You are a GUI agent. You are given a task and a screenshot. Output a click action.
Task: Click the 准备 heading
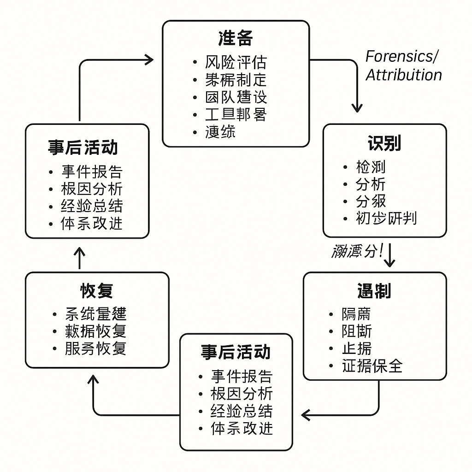[236, 39]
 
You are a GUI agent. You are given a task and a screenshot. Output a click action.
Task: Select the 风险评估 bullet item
[236, 62]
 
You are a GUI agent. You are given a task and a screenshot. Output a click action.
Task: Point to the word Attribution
[404, 75]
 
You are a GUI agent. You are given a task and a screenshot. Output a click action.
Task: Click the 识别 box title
[384, 143]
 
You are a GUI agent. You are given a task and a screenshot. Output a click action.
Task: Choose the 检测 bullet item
[371, 167]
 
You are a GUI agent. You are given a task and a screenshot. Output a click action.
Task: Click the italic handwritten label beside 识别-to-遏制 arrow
[357, 251]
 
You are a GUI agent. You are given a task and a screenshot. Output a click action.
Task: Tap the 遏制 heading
[374, 291]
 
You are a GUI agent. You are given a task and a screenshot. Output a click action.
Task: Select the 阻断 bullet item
[357, 331]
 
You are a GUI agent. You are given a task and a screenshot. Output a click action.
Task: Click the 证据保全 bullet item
[372, 366]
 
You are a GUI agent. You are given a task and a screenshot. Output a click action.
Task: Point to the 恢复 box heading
[97, 291]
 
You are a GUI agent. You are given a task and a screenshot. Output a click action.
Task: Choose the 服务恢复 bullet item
[95, 348]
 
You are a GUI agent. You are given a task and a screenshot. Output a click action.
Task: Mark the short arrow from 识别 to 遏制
[389, 255]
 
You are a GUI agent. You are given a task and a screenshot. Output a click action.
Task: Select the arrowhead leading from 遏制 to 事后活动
[306, 415]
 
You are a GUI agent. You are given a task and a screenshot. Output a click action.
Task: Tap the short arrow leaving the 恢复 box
[79, 258]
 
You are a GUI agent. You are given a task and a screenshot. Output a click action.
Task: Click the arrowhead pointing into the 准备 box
[149, 59]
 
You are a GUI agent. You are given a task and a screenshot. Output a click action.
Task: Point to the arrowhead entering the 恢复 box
[94, 379]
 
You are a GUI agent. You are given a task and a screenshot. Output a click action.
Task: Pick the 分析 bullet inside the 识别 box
[371, 184]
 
